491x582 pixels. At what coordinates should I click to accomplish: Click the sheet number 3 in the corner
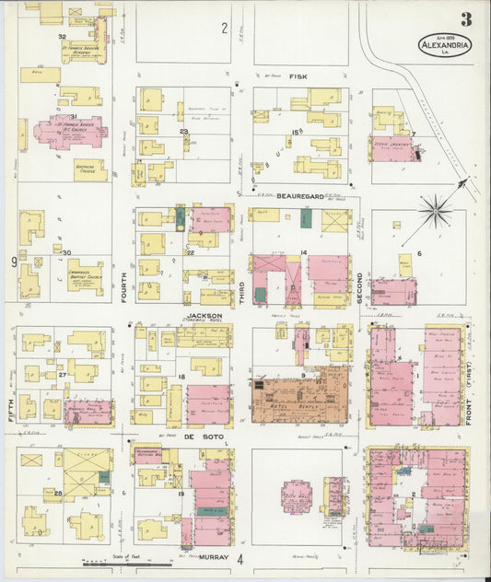click(x=467, y=19)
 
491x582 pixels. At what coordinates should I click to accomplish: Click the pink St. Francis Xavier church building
click(x=69, y=132)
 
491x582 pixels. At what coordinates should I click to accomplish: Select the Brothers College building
click(x=90, y=170)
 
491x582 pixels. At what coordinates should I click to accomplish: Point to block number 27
click(x=63, y=376)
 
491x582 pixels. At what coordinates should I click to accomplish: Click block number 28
click(x=58, y=495)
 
